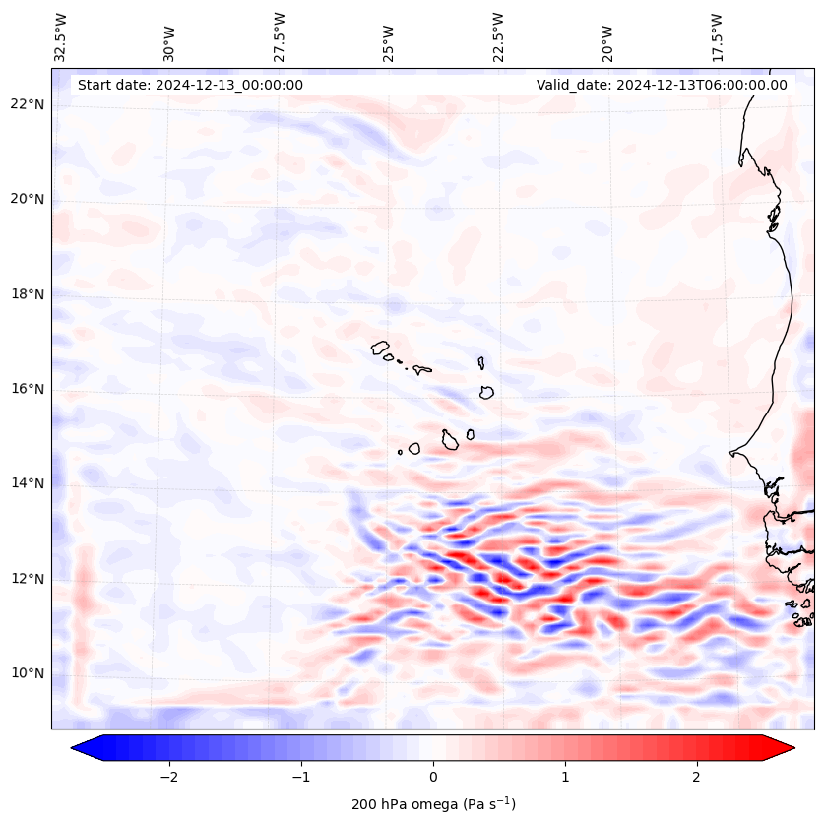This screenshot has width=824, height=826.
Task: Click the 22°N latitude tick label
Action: click(x=28, y=104)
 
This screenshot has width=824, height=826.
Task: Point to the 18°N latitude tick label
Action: click(x=28, y=294)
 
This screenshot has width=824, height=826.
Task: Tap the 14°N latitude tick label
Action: click(x=28, y=483)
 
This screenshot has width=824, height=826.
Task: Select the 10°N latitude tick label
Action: click(x=28, y=674)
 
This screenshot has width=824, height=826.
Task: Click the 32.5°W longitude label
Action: click(x=61, y=36)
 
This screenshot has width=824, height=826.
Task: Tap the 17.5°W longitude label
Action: click(x=717, y=36)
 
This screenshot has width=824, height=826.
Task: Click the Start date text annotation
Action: click(x=190, y=85)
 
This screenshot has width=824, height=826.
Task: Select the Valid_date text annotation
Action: click(x=662, y=85)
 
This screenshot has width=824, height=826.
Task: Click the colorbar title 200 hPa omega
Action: click(x=433, y=804)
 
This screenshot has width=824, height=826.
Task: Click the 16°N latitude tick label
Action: click(x=28, y=389)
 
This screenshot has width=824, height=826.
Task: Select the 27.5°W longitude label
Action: click(x=280, y=36)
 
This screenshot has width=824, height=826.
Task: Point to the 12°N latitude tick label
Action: click(x=28, y=579)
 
